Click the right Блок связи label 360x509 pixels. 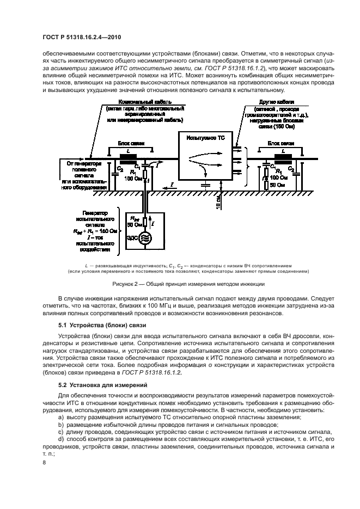[280, 142]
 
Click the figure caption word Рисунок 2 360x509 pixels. [126, 284]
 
